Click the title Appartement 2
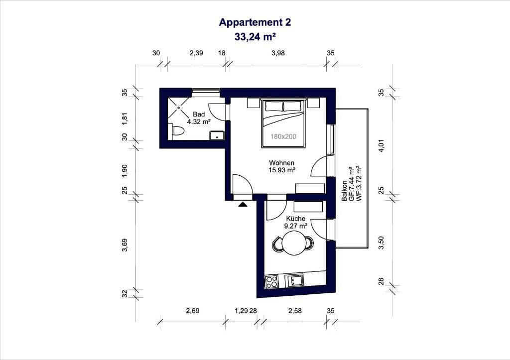pos(255,22)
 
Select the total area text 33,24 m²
pos(255,37)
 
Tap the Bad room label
pos(199,114)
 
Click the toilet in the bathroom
pos(177,131)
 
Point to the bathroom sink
pos(217,135)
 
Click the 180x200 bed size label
pos(283,136)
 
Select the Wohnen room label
pos(282,163)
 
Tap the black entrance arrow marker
pos(243,204)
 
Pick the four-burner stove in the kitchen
pos(271,282)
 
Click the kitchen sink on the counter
pos(294,280)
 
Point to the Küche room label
pos(296,219)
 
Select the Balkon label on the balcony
pos(344,191)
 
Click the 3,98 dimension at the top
pos(278,53)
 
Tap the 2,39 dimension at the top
pos(196,53)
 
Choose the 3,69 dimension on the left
pos(125,245)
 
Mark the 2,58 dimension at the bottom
pos(295,311)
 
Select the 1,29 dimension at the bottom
pos(241,311)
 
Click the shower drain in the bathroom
pos(179,108)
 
